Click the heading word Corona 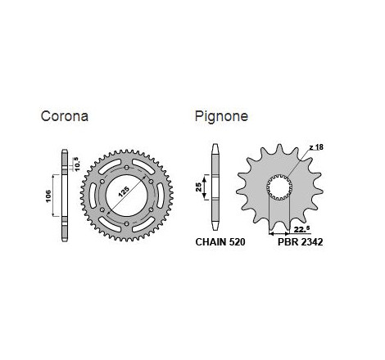[x=65, y=116]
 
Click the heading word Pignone [x=221, y=116]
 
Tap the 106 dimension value [x=48, y=196]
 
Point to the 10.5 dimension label [x=75, y=164]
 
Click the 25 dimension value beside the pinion [x=198, y=187]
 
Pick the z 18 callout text [x=316, y=147]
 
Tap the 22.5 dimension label [x=301, y=230]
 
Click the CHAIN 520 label [x=220, y=242]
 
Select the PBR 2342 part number [x=301, y=242]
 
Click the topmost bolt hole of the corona [x=126, y=168]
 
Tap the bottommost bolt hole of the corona [x=126, y=224]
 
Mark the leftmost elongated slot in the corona [x=93, y=196]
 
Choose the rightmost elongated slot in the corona [x=160, y=196]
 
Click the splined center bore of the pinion [x=279, y=188]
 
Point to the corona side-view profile [x=65, y=196]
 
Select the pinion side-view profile [x=215, y=187]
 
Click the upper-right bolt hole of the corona [x=151, y=182]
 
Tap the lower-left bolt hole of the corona [x=102, y=209]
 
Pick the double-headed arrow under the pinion [x=279, y=233]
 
